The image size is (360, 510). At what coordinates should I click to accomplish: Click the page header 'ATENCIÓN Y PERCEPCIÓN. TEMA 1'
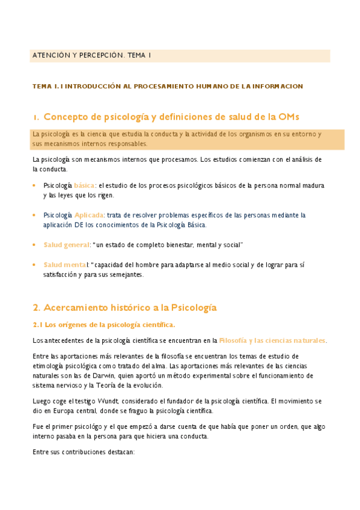[91, 55]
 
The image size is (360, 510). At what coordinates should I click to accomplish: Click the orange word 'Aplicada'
[89, 215]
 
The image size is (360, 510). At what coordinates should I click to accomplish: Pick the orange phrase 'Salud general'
[66, 245]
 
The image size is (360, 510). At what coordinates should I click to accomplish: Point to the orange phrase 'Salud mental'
[65, 265]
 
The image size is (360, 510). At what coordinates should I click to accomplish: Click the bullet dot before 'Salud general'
[34, 245]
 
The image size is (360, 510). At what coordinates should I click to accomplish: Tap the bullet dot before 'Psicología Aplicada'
[34, 215]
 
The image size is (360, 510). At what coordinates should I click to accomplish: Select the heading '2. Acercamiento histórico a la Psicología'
[124, 308]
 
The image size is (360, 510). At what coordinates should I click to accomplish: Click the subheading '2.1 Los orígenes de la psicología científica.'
[103, 325]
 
